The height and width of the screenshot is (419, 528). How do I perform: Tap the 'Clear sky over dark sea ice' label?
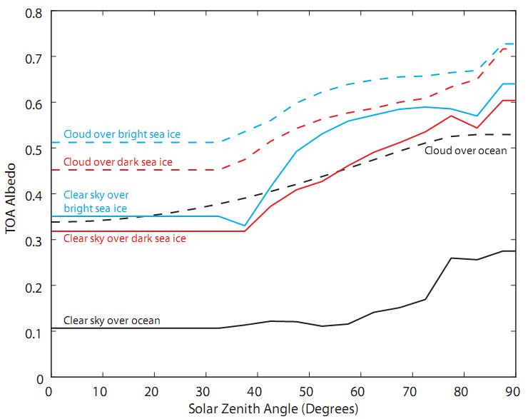[x=124, y=238]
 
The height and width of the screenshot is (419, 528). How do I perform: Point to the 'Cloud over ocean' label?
[x=465, y=151]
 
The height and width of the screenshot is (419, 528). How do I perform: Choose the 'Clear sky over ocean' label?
[x=111, y=320]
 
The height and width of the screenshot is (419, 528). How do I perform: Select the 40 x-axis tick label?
[x=255, y=391]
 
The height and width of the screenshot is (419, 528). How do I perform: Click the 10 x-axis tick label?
[x=100, y=391]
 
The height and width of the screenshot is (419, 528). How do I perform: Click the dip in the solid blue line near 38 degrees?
[x=244, y=226]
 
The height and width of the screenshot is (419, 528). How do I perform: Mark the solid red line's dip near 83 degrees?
[x=477, y=128]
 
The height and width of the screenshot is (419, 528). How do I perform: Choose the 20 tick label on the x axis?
[x=152, y=391]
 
